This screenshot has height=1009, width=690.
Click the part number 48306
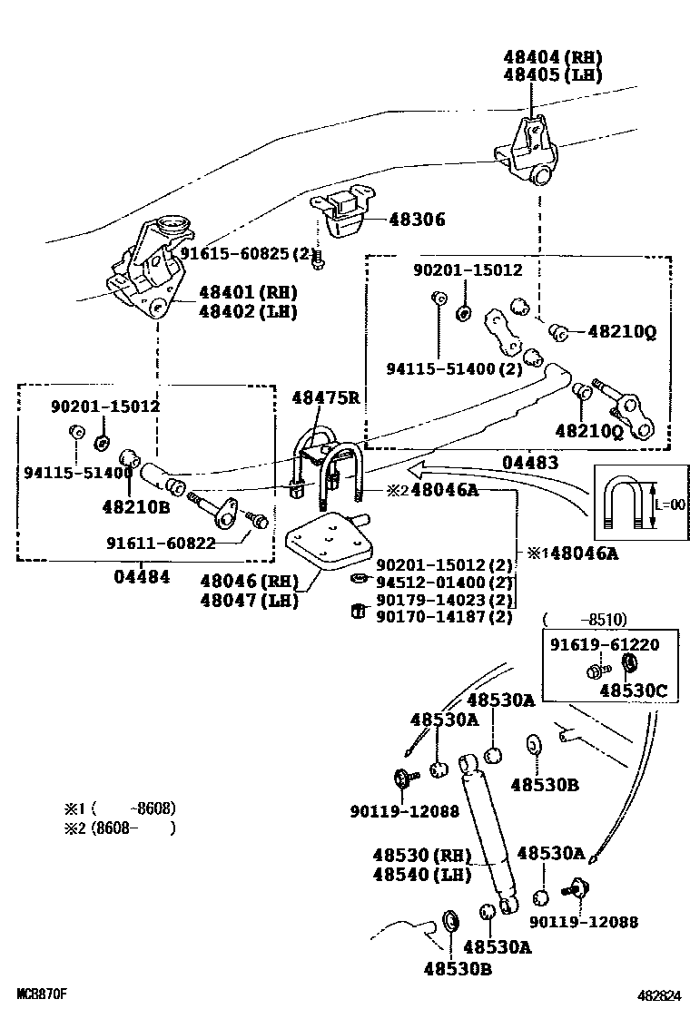417,220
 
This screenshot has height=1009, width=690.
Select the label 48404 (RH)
552,57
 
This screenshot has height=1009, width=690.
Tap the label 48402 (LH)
248,311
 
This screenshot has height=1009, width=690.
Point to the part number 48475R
326,397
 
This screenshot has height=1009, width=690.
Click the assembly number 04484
143,576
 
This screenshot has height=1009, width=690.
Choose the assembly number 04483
530,462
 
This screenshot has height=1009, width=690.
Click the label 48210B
136,507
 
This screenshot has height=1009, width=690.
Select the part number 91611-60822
161,544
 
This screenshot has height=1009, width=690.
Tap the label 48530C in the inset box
634,691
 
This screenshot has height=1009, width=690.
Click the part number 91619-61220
605,644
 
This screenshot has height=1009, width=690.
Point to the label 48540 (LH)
422,874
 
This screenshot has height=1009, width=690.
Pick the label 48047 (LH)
249,601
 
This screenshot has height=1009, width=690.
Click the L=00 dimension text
671,504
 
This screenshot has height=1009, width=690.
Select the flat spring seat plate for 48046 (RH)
329,543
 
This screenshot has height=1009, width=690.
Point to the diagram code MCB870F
42,994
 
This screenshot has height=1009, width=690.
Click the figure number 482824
659,996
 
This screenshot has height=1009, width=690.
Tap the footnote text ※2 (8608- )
120,828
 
